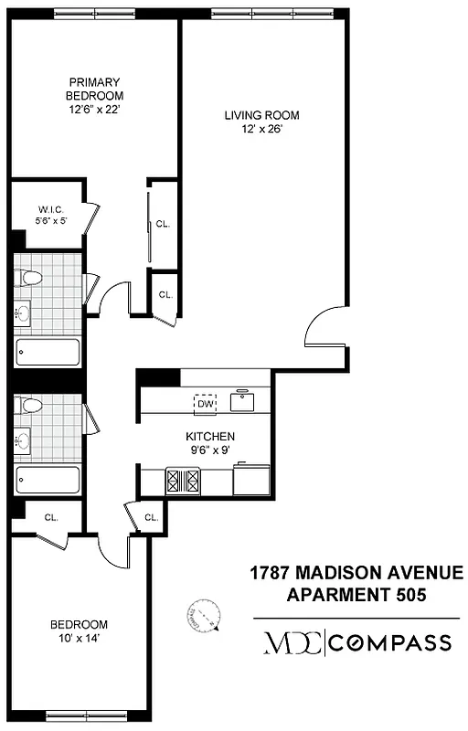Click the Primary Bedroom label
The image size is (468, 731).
click(94, 88)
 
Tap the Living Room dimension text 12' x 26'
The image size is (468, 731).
click(262, 129)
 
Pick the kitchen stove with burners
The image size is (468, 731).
click(182, 481)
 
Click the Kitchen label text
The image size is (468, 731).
click(211, 437)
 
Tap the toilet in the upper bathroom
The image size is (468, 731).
click(31, 278)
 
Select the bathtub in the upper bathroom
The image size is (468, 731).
click(48, 352)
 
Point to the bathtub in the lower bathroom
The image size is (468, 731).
click(48, 478)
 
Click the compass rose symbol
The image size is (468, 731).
click(205, 620)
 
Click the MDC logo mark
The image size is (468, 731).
click(292, 641)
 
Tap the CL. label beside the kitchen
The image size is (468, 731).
click(151, 517)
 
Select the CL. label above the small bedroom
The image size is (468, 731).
click(51, 517)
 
